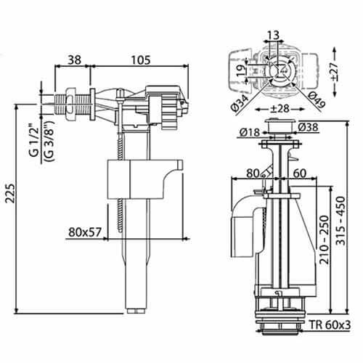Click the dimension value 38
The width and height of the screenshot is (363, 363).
click(x=73, y=62)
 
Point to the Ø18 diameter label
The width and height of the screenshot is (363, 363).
click(x=248, y=131)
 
